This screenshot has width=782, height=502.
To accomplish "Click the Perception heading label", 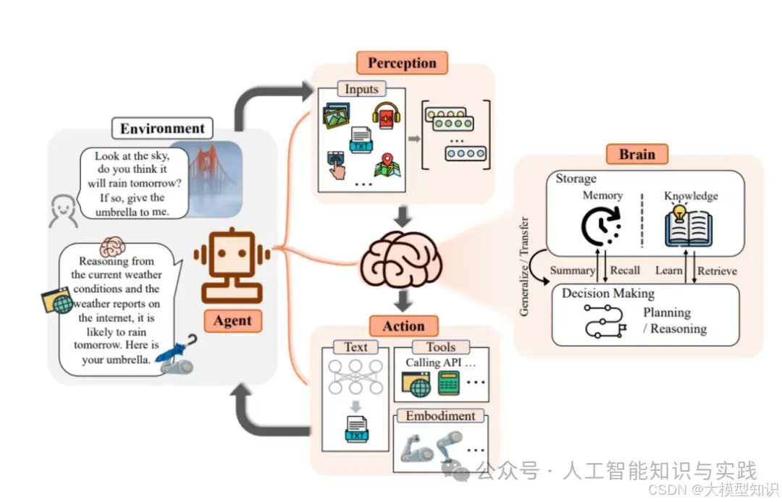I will (x=402, y=63).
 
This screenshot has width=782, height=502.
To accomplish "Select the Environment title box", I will (x=162, y=129).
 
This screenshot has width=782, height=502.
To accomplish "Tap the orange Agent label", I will (x=232, y=320).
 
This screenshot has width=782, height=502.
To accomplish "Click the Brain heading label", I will (x=636, y=154).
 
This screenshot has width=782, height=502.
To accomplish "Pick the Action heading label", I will (x=403, y=326).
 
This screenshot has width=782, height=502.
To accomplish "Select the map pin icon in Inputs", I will (x=387, y=166).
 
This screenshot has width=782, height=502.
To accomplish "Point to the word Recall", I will (x=625, y=271).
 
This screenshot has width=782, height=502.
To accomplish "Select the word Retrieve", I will (x=717, y=271).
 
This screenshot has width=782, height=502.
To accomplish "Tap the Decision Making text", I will (x=608, y=294).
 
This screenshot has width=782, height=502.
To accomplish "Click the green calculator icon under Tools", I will (x=450, y=383).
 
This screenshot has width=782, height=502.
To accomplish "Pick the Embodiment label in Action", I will (x=440, y=416).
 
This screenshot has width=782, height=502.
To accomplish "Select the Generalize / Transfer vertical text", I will (x=524, y=266).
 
